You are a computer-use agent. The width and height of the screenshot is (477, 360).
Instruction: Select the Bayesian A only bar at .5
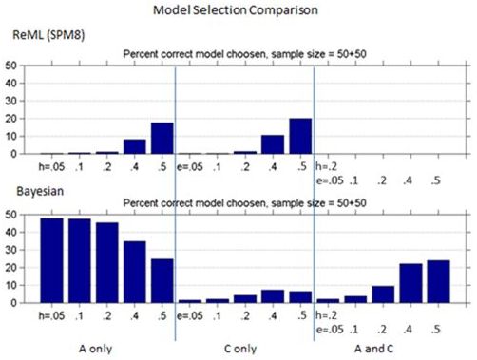162,281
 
